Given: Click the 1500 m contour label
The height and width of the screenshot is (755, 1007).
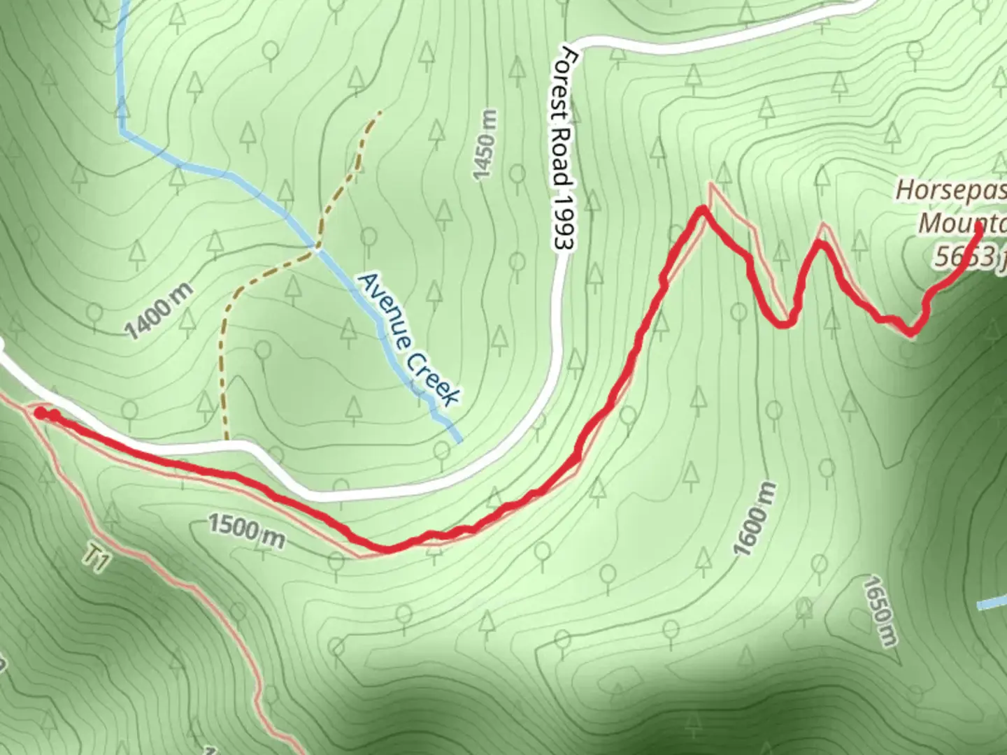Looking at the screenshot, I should click(x=246, y=532).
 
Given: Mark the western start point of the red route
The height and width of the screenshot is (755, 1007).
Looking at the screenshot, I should click(x=41, y=413).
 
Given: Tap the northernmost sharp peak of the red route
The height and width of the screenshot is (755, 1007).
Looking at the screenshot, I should click(x=702, y=209).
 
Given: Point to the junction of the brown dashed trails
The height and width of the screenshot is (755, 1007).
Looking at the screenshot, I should click(x=317, y=247).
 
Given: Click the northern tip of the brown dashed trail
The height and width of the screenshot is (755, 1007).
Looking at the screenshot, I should click(x=380, y=112).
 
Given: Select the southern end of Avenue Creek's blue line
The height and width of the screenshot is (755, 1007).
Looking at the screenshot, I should click(x=459, y=441).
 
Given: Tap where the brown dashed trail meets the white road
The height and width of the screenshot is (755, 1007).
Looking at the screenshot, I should click(x=227, y=440).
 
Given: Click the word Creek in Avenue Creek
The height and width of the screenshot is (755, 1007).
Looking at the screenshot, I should click(x=431, y=377).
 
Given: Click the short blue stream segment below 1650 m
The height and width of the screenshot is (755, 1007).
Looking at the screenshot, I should click(x=992, y=603).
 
